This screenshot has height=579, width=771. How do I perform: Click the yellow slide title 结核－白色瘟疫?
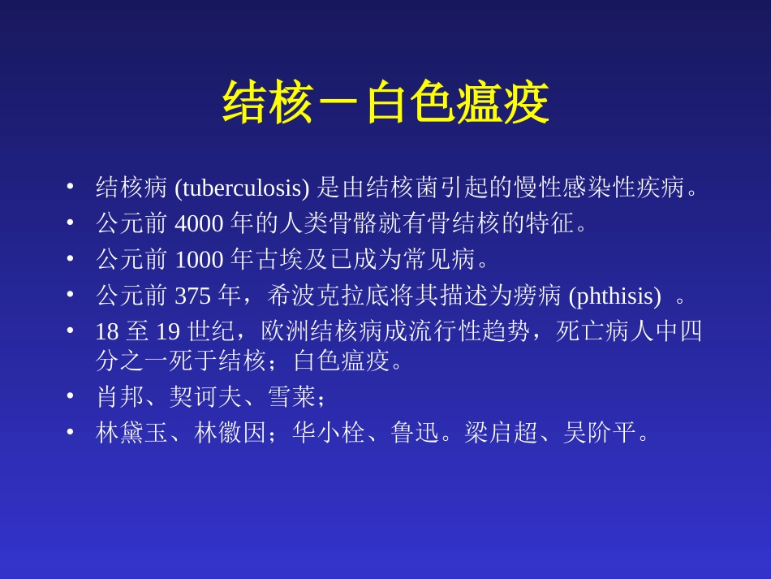click(x=385, y=104)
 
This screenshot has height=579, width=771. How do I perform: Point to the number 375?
click(x=193, y=296)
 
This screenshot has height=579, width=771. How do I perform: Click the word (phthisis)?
click(x=614, y=296)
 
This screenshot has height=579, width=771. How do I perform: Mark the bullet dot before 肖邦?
click(x=71, y=396)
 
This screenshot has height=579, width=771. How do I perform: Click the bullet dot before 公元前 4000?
click(x=71, y=223)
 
